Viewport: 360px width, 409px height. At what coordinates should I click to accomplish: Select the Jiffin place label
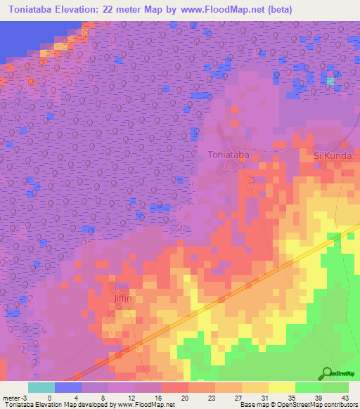coord(123,298)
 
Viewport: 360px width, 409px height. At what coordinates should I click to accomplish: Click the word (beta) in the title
coord(278,10)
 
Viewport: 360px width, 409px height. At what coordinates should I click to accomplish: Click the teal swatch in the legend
coord(41,387)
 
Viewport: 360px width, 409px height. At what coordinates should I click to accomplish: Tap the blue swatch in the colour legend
coord(68,387)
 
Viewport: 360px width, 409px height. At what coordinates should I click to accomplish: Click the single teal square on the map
coord(330,82)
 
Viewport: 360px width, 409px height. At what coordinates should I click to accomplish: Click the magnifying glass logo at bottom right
coord(327,372)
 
